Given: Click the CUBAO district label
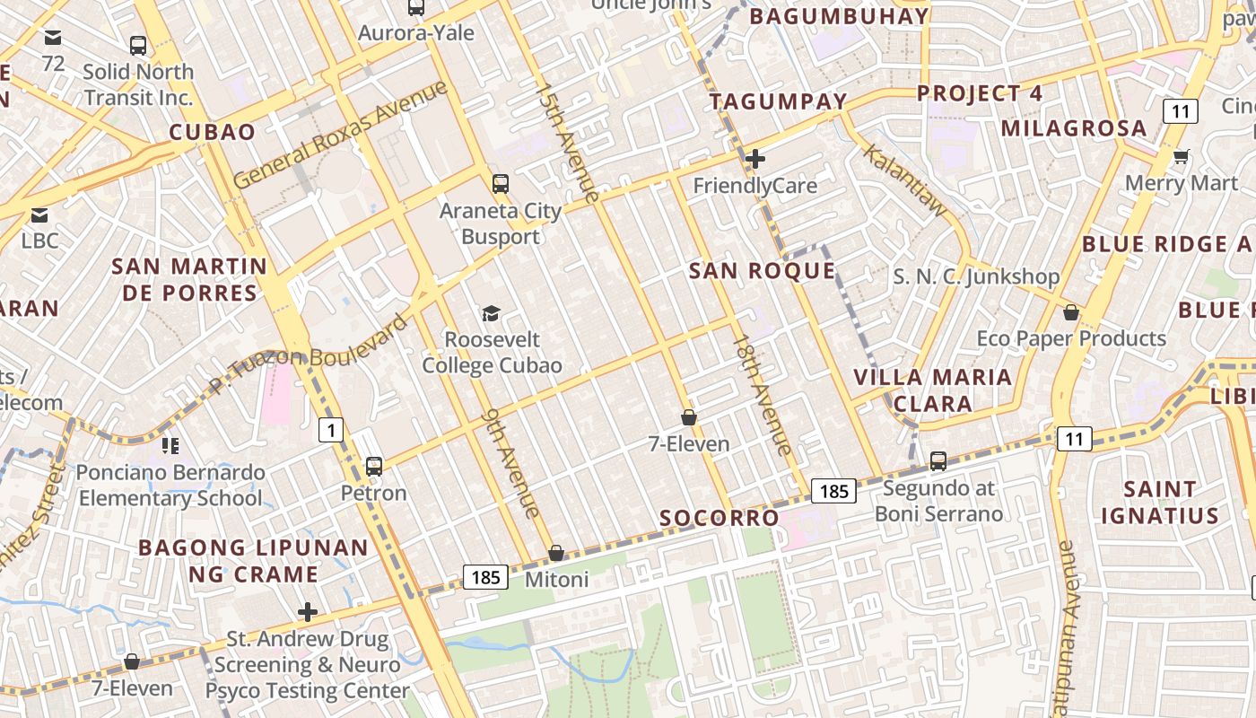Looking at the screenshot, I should click(x=213, y=132).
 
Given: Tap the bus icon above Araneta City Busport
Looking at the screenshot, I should click(x=501, y=184).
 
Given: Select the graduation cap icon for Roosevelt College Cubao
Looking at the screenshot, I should click(x=491, y=313).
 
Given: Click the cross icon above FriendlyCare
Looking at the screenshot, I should click(x=755, y=159).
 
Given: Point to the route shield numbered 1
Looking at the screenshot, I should click(x=331, y=431).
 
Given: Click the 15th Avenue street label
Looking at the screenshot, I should click(x=566, y=142).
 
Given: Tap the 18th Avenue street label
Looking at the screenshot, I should click(x=762, y=394).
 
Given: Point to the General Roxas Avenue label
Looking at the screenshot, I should click(x=340, y=135).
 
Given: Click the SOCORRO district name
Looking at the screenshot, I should click(x=720, y=518).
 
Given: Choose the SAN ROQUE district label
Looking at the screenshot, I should click(x=762, y=271).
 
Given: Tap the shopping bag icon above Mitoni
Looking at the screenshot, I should click(x=556, y=553).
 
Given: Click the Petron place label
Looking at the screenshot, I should click(x=373, y=493).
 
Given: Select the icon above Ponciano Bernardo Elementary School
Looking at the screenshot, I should click(x=170, y=445).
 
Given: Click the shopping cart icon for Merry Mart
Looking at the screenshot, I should click(x=1182, y=156).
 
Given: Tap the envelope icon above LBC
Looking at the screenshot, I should click(x=39, y=215).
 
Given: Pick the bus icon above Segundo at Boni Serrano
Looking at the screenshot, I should click(x=938, y=461).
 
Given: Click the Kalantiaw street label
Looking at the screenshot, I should click(x=904, y=179).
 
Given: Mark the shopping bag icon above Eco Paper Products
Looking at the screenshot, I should click(x=1070, y=312).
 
